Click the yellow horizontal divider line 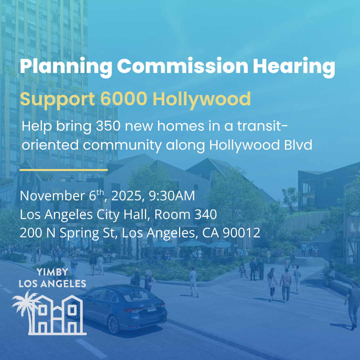tap(63, 170)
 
